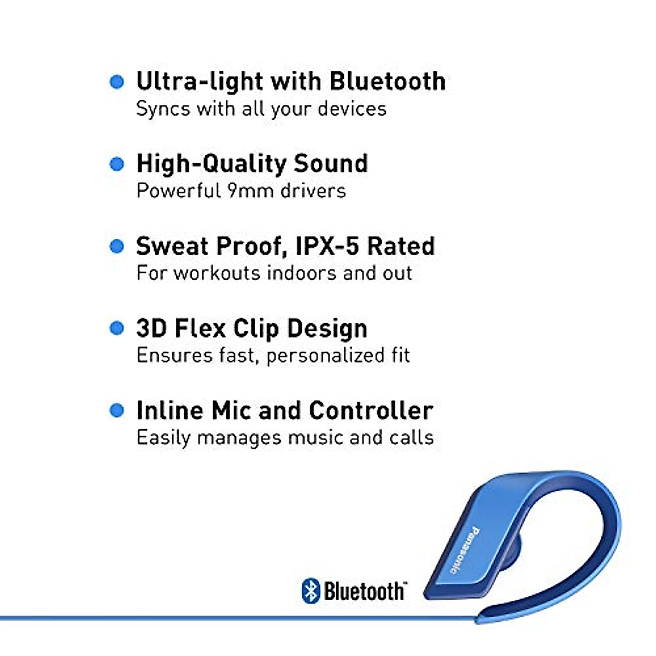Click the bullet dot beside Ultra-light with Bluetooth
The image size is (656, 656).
click(117, 82)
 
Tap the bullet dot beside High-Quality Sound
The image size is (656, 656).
click(117, 164)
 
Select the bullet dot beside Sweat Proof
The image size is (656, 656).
click(117, 247)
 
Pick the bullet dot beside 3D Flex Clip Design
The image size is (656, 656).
click(117, 329)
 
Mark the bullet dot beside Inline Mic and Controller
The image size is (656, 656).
click(117, 411)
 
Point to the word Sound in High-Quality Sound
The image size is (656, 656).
click(331, 164)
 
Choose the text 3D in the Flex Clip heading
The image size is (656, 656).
click(151, 329)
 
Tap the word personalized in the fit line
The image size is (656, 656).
click(318, 356)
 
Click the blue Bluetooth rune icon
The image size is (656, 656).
click(311, 591)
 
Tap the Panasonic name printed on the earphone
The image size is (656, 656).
click(463, 550)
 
